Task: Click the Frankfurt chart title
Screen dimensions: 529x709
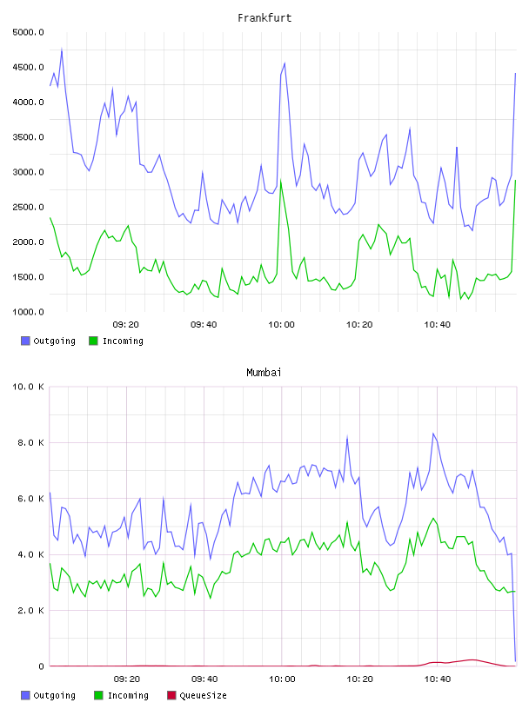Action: (264, 18)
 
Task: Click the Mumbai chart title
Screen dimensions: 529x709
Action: (264, 373)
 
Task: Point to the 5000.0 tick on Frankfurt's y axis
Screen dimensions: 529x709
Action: (28, 32)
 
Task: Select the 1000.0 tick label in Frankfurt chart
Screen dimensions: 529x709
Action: (28, 312)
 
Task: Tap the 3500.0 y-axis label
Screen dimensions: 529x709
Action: (28, 137)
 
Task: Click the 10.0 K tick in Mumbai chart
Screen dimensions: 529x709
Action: (28, 387)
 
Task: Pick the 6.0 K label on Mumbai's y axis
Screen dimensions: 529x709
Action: (30, 498)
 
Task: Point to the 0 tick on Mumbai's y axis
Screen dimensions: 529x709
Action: (41, 666)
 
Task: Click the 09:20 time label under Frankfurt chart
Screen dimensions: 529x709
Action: (126, 325)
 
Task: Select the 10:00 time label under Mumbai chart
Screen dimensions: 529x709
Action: (282, 679)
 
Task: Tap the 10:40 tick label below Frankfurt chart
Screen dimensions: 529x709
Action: (437, 325)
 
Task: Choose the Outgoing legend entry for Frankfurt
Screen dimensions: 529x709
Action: (48, 341)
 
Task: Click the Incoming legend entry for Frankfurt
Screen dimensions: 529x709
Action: (117, 341)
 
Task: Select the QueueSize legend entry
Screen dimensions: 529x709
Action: (197, 695)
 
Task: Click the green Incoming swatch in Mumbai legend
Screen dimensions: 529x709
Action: (98, 695)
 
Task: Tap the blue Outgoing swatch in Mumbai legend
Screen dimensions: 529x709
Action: (25, 695)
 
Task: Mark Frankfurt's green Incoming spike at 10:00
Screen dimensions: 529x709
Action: (281, 181)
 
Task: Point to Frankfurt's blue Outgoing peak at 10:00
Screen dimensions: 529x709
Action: (285, 63)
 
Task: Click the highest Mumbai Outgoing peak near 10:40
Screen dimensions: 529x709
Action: (433, 434)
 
